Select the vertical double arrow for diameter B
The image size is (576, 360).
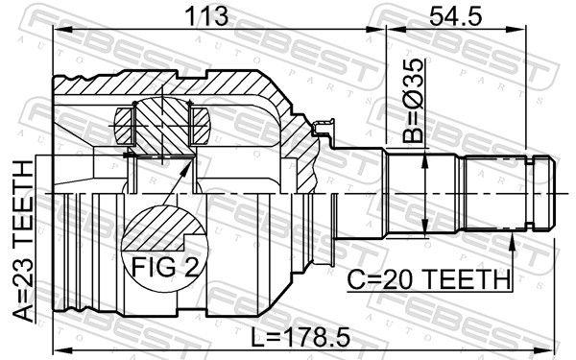click(x=424, y=192)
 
